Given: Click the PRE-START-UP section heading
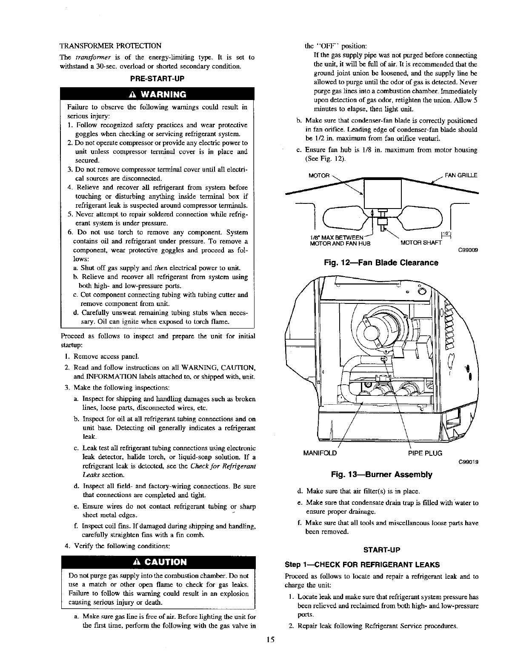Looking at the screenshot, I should (x=158, y=79).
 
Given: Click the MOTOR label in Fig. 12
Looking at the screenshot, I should (x=319, y=175).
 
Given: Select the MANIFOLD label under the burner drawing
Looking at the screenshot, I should (x=320, y=453).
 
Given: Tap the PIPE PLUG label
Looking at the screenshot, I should (x=425, y=453).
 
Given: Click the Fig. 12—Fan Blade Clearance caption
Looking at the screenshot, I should (x=381, y=263).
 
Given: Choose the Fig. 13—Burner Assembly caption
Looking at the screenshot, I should (x=381, y=474).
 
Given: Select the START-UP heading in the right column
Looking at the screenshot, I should (x=381, y=550).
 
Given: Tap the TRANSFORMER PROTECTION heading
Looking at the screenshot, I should (x=110, y=46).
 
